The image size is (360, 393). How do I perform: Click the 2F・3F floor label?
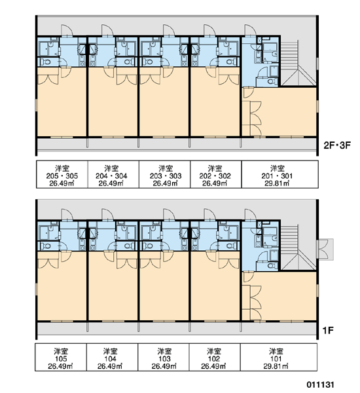coord(337,145)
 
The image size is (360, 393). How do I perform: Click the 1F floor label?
coord(328,331)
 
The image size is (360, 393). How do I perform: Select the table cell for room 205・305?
coord(62,174)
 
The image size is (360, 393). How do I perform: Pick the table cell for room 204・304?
coord(113,174)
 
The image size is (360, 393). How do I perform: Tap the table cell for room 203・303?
coord(164,174)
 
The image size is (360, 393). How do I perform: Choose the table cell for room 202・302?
coord(216,174)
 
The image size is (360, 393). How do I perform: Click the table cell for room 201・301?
coord(280,174)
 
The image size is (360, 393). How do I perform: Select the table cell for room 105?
coord(61,357)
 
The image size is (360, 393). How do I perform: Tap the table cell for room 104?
coord(112,357)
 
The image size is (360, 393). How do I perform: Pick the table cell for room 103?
coord(164,357)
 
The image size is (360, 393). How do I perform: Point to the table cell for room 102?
coord(215,357)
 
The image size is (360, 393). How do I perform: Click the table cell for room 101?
coord(279,357)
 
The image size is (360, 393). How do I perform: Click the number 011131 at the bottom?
coord(321,384)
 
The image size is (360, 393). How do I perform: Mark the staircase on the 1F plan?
coord(298,248)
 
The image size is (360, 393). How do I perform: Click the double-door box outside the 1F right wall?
coord(325,249)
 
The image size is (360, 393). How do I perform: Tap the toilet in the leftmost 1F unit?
coord(45,246)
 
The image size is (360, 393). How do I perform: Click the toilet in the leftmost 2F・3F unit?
coord(45,62)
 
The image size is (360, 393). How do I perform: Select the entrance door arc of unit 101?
coord(250,215)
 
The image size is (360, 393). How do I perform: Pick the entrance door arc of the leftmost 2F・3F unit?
coord(67,30)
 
